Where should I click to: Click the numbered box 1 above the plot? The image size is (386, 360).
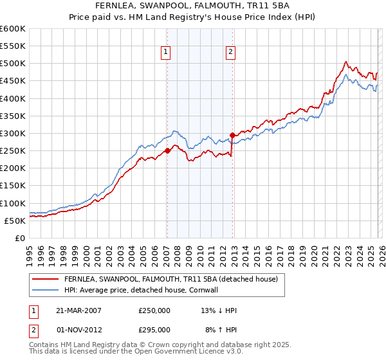click(166, 53)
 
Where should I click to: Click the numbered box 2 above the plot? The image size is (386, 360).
click(230, 53)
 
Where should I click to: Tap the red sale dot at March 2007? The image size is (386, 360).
click(167, 150)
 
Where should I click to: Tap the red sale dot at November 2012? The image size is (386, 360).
click(232, 135)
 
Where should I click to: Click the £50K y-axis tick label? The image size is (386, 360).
click(15, 221)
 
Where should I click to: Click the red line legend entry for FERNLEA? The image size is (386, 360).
click(170, 279)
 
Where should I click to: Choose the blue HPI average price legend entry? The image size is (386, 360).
click(142, 290)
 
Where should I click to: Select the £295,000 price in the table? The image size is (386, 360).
click(154, 330)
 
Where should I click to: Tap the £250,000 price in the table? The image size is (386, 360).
click(154, 310)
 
